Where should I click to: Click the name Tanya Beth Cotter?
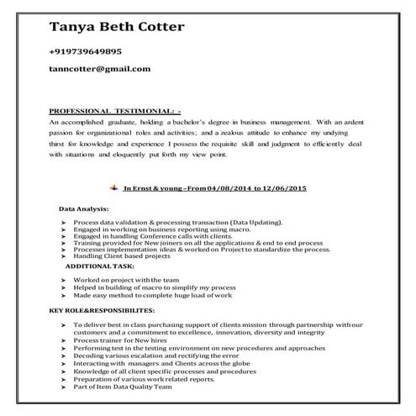[117, 27]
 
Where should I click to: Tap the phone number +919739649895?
[97, 51]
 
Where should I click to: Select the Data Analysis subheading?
[84, 207]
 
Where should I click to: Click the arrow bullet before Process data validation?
[64, 223]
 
